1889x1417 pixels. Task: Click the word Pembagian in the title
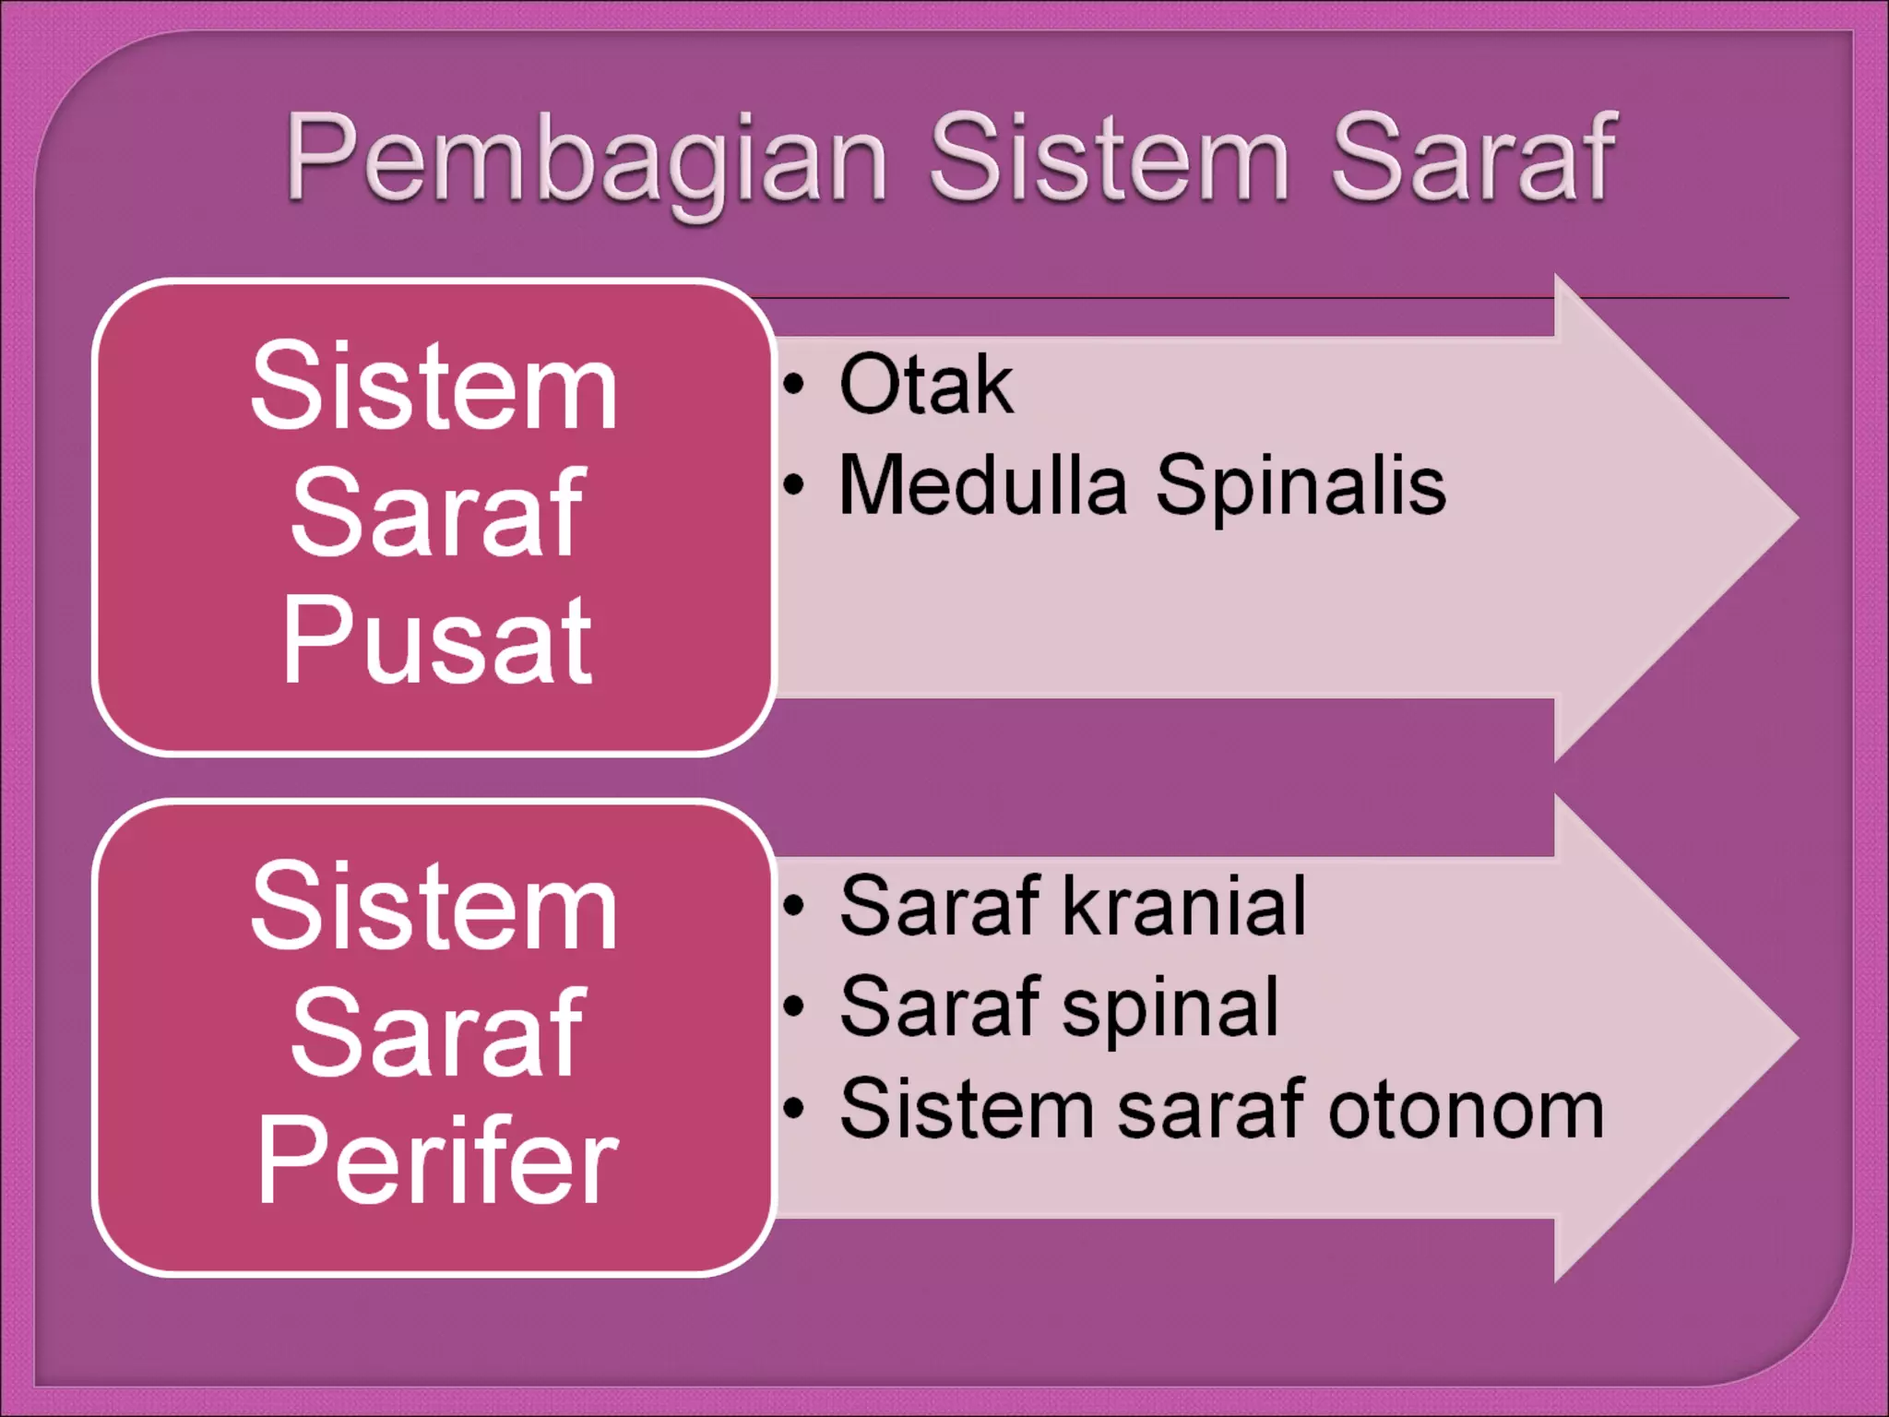pos(586,159)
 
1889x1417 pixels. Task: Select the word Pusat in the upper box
pos(436,639)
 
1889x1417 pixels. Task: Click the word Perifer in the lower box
pos(436,1160)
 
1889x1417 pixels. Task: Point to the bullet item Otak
pos(925,386)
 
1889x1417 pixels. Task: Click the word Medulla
pos(982,486)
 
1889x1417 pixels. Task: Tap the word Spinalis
pos(1300,486)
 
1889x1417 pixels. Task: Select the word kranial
pos(1184,907)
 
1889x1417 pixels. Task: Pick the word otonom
pos(1466,1110)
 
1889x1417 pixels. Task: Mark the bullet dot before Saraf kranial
pos(794,906)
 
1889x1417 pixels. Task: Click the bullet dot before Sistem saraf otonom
pos(794,1107)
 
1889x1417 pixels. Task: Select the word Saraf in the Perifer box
pos(436,1033)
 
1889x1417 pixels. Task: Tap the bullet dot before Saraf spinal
pos(794,1006)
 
